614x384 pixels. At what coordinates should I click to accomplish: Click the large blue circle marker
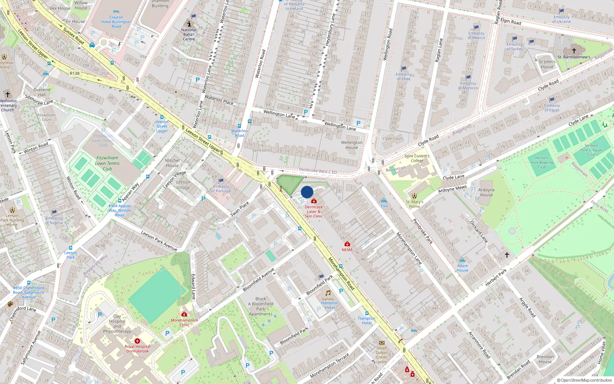coord(307,192)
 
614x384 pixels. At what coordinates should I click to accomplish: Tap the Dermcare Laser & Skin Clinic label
coord(314,212)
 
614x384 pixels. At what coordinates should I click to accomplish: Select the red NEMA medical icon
coord(347,244)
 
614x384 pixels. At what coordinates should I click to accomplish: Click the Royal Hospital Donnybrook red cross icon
coord(137,341)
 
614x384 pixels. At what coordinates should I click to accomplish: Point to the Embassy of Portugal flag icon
coord(221,181)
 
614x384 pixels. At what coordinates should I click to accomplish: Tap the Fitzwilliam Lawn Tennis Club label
coord(107,163)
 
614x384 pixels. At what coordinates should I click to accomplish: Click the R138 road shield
coord(74,73)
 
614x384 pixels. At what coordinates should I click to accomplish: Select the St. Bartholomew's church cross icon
coord(574,50)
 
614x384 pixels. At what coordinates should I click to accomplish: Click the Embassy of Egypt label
coord(552,108)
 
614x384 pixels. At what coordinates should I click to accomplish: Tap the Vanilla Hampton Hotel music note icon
coord(328,293)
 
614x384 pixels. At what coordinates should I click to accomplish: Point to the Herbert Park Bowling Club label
coord(542,162)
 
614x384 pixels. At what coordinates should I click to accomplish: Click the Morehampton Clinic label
coord(184,323)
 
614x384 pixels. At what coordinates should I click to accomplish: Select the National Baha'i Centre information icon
coord(189,24)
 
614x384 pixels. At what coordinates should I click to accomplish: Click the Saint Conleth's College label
coord(417,158)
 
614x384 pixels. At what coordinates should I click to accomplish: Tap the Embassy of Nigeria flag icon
coord(54,212)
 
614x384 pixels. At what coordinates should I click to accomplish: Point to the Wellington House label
coord(352,145)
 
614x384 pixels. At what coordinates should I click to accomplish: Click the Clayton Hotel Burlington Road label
coord(116,22)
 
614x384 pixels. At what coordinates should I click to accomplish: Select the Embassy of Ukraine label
coord(561,19)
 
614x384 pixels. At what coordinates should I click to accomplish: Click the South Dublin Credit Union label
coord(381,355)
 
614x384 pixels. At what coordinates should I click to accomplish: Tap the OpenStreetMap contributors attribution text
coord(584,380)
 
